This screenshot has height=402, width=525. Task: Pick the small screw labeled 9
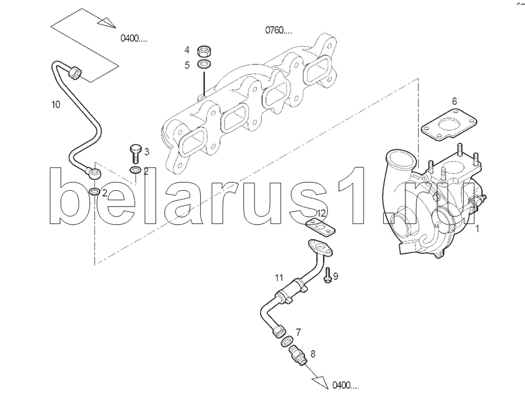(327, 275)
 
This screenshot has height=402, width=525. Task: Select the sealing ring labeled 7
(286, 341)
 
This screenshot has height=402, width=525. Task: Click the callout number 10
(55, 104)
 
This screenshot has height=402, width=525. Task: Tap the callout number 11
(279, 277)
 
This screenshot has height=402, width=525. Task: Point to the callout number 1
(477, 229)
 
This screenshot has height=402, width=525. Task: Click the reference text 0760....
(279, 30)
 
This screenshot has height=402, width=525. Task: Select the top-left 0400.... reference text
(134, 39)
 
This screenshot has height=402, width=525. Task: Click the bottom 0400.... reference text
(345, 385)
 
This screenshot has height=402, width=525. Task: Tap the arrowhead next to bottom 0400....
(321, 382)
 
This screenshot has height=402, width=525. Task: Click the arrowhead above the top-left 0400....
(107, 22)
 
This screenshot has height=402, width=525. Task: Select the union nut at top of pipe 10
(75, 72)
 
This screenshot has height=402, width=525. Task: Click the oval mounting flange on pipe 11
(321, 247)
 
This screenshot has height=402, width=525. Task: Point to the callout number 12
(321, 213)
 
